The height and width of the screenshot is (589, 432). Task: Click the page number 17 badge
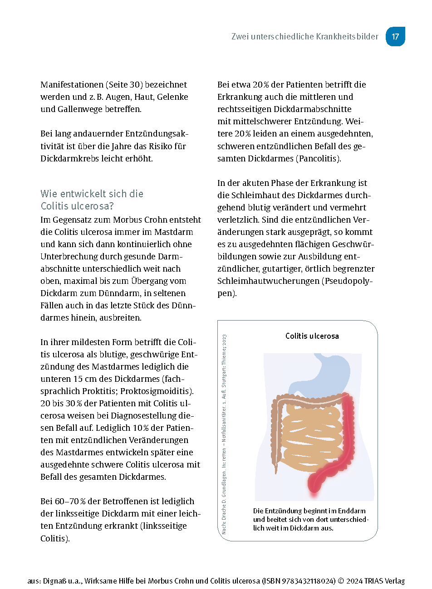(395, 37)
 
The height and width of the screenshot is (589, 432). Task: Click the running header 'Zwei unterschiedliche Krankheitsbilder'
(304, 37)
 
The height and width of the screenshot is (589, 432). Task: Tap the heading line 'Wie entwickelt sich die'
(92, 194)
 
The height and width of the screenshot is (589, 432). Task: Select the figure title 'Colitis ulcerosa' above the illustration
(312, 336)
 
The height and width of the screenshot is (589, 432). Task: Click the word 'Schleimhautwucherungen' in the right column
(268, 281)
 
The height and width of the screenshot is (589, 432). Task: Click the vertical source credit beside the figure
(224, 434)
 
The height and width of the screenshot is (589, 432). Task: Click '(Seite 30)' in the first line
(125, 85)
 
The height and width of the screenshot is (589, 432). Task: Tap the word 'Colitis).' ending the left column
(55, 539)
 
